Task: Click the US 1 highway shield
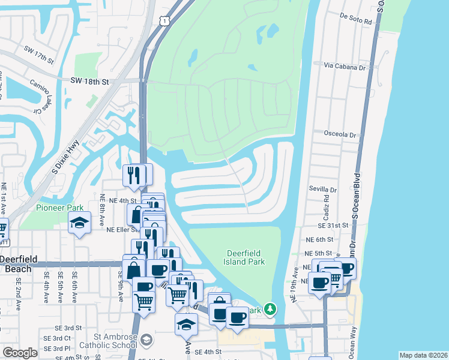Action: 163,21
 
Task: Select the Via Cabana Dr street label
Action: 345,68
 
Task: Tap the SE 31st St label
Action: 333,225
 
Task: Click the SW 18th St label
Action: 89,81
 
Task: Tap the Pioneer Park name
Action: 59,208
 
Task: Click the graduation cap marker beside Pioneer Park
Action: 79,223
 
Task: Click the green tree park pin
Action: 271,308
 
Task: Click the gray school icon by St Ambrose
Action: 146,341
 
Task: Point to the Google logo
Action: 20,353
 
